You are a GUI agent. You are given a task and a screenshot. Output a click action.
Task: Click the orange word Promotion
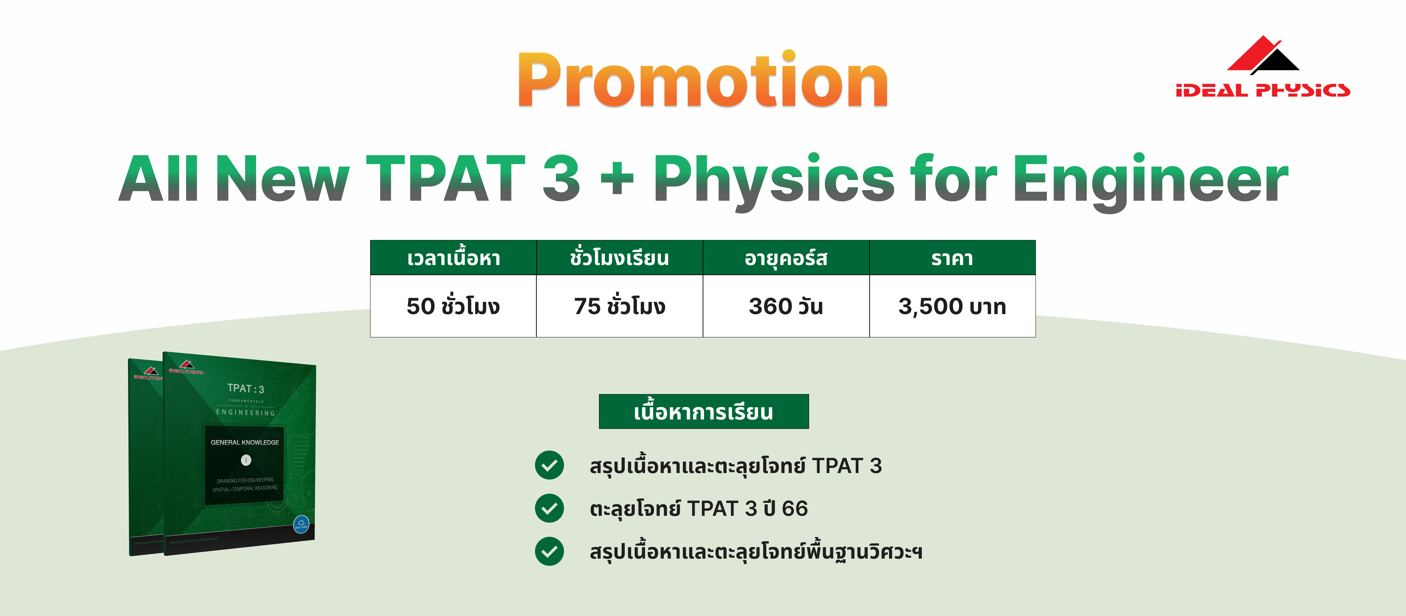click(703, 81)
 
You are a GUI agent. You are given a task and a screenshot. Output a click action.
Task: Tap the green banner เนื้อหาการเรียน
click(704, 412)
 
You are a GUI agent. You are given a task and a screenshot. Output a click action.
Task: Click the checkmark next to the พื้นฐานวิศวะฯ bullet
click(549, 552)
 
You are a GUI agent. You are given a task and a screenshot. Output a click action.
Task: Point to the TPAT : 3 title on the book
click(246, 389)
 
